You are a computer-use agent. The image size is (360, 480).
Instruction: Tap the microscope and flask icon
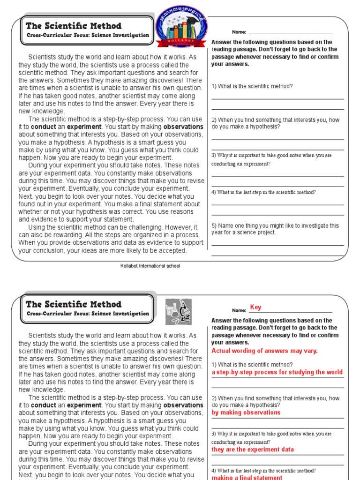pyautogui.click(x=178, y=311)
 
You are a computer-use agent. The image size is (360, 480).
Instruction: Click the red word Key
pyautogui.click(x=255, y=307)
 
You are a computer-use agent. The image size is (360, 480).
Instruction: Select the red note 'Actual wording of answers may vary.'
pyautogui.click(x=264, y=351)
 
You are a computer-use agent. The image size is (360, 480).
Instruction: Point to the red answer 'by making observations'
pyautogui.click(x=246, y=412)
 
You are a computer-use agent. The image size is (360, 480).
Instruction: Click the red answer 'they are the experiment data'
pyautogui.click(x=253, y=450)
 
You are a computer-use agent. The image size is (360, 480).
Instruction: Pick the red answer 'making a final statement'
pyautogui.click(x=247, y=477)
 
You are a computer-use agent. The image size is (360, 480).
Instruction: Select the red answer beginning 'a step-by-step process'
pyautogui.click(x=277, y=372)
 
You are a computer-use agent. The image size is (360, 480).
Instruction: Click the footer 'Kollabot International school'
pyautogui.click(x=150, y=266)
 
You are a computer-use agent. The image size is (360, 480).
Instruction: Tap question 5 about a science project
pyautogui.click(x=275, y=229)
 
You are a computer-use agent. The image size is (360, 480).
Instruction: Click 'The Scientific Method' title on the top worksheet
pyautogui.click(x=74, y=26)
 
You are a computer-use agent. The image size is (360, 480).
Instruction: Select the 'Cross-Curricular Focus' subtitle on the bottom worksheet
pyautogui.click(x=88, y=314)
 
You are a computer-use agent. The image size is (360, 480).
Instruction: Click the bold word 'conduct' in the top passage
pyautogui.click(x=44, y=127)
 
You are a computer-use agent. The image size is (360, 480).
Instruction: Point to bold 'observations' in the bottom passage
pyautogui.click(x=183, y=405)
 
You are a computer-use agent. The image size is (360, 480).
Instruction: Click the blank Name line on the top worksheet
pyautogui.click(x=290, y=33)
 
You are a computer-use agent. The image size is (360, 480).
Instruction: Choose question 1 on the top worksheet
pyautogui.click(x=252, y=86)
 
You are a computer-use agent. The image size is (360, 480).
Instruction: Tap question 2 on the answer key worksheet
pyautogui.click(x=275, y=401)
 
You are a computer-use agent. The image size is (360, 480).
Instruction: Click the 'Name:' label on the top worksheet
pyautogui.click(x=239, y=32)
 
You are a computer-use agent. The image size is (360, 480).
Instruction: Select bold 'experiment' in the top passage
pyautogui.click(x=84, y=127)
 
